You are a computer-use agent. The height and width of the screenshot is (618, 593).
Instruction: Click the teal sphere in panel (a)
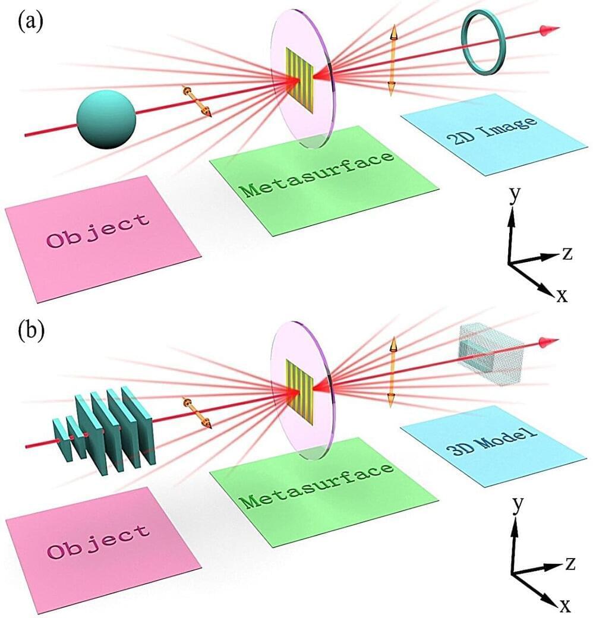pos(107,119)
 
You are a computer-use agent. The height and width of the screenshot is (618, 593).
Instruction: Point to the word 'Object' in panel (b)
pos(98,540)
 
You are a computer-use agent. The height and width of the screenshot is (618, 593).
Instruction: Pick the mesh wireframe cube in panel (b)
pos(490,355)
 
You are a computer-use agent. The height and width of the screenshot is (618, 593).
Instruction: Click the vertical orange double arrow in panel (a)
pos(392,59)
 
